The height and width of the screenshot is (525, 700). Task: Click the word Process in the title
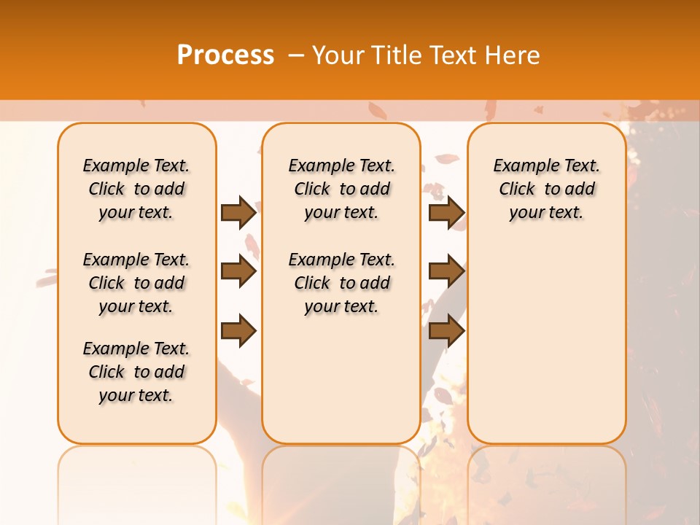(x=225, y=55)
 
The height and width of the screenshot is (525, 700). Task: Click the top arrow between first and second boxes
(x=238, y=212)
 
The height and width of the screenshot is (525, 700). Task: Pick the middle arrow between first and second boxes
(x=238, y=271)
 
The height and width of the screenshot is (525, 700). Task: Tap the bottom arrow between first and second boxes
(x=238, y=330)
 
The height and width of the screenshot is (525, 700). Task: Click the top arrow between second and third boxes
(x=446, y=212)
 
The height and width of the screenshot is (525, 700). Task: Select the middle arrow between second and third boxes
(x=446, y=271)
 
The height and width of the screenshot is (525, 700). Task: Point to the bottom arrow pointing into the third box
(x=446, y=330)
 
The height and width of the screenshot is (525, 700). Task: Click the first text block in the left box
(x=136, y=189)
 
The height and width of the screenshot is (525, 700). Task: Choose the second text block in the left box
(x=136, y=283)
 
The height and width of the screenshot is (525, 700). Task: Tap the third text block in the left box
(x=136, y=372)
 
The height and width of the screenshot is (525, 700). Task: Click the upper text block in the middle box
(x=341, y=189)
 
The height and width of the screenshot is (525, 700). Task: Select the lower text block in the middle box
(x=341, y=283)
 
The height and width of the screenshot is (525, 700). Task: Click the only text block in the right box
(x=547, y=189)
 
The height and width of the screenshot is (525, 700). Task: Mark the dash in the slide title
(x=296, y=55)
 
